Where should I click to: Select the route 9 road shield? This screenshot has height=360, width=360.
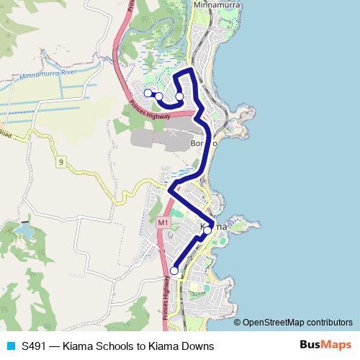click(62, 163)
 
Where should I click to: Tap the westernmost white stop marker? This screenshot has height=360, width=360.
click(148, 93)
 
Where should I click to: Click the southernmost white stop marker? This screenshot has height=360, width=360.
click(174, 271)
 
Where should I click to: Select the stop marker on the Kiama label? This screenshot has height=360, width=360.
click(207, 230)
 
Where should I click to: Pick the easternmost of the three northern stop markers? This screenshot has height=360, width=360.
click(179, 96)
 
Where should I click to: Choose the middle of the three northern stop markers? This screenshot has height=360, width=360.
click(158, 96)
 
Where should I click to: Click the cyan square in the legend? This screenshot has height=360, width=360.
click(9, 345)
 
